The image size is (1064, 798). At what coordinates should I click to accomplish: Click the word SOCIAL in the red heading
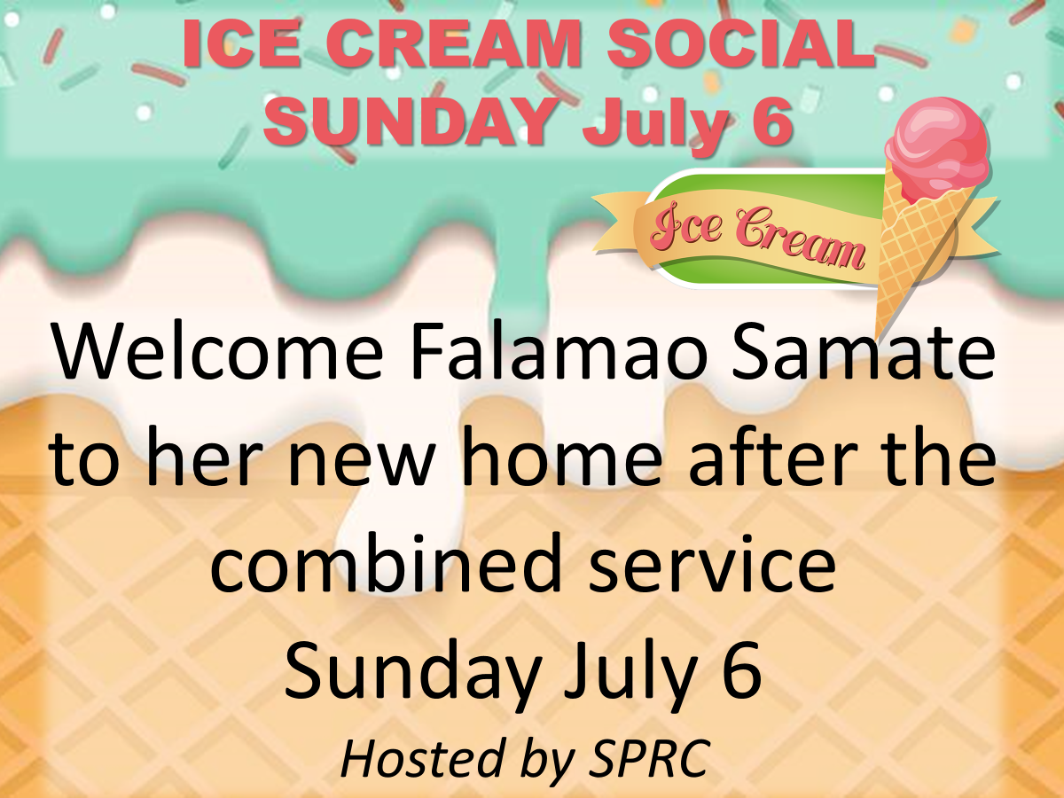pos(741,43)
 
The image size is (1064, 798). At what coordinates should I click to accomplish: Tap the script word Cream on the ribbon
pos(800,239)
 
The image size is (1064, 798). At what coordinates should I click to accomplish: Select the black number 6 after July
pos(743,669)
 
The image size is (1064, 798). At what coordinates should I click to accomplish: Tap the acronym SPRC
pos(650,757)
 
